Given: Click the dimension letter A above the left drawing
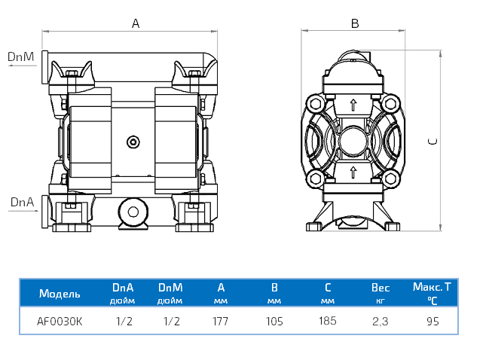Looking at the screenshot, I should (x=136, y=23).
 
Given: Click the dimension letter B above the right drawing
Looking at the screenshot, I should (x=354, y=23).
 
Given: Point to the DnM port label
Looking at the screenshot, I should (x=21, y=56).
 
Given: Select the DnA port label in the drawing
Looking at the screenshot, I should (x=21, y=202).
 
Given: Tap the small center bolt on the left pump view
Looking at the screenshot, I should (x=133, y=142).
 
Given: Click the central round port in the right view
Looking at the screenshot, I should (x=353, y=140).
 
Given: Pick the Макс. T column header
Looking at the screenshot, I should (x=432, y=287).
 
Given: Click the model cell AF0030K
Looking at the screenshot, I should (x=60, y=321).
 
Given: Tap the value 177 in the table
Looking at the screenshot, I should (x=221, y=321).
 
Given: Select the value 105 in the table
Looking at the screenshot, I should (x=274, y=321).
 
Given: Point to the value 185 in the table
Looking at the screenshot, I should (x=327, y=321).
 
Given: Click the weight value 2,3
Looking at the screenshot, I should (x=381, y=321).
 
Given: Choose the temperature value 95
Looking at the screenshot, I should (x=432, y=321).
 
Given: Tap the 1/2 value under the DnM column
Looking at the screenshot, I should (x=171, y=321).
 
